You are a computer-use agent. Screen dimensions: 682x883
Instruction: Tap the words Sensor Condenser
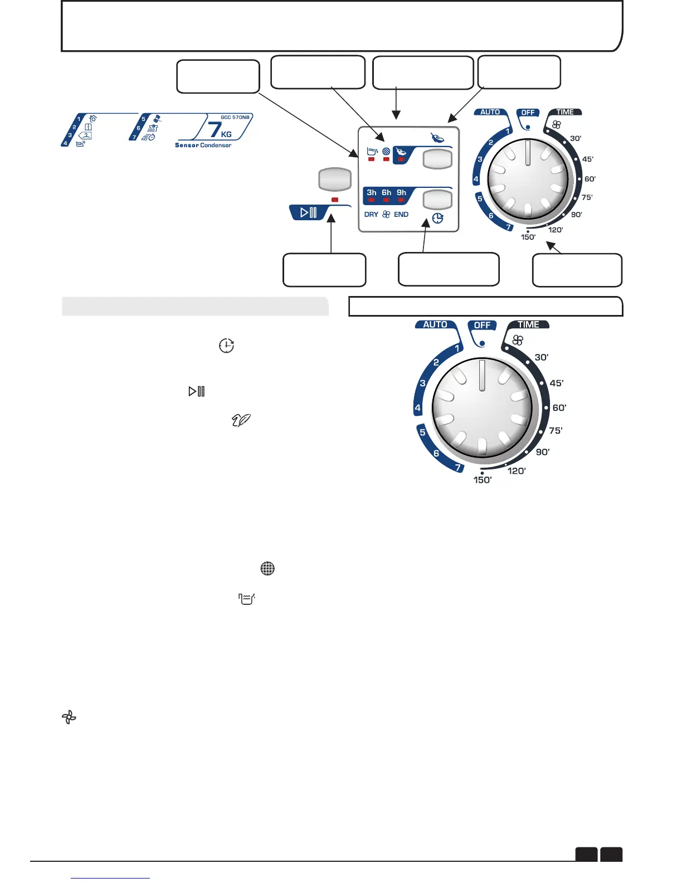[203, 145]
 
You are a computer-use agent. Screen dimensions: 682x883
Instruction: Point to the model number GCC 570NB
[235, 118]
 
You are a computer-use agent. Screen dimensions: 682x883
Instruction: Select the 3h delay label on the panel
[372, 192]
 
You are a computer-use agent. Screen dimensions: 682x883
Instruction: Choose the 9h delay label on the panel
[401, 192]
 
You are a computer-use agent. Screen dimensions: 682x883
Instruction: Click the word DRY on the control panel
[371, 215]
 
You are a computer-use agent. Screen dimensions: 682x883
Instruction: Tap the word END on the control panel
[401, 215]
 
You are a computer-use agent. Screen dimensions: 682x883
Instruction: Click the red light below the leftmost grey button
[335, 200]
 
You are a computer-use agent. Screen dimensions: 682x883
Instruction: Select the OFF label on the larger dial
[482, 325]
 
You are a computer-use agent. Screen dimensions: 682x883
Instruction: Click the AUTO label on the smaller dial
[490, 112]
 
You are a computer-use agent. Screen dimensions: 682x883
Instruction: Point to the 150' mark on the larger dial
[483, 480]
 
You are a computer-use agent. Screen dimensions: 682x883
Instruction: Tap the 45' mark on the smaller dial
[587, 159]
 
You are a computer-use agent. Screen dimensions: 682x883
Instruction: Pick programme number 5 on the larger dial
[422, 432]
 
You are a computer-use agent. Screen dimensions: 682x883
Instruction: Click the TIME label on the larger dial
[528, 324]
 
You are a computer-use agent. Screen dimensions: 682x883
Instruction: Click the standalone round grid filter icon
[267, 569]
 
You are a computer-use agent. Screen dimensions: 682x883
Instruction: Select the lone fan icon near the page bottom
[69, 717]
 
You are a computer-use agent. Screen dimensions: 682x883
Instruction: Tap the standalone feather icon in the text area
[241, 421]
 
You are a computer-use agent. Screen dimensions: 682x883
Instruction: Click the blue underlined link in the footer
[111, 878]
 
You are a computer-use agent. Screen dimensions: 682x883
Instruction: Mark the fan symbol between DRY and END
[386, 215]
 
